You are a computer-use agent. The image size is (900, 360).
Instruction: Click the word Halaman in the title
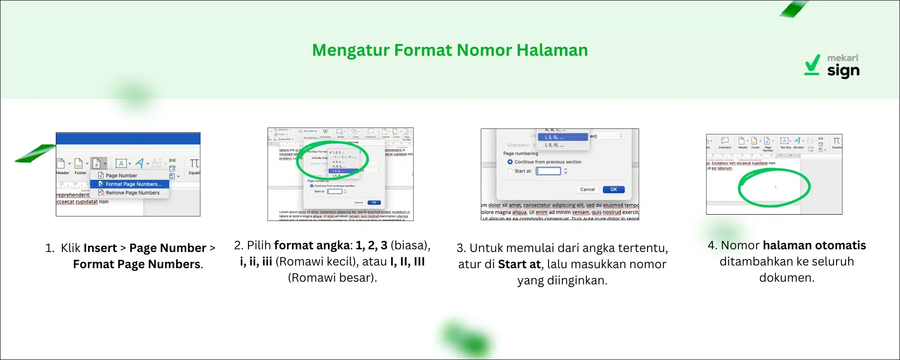(x=552, y=50)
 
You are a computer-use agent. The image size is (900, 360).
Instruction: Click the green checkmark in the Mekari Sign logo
(x=812, y=65)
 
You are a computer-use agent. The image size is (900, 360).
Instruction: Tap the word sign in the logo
(x=843, y=71)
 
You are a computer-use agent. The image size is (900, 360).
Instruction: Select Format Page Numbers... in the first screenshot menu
(x=133, y=184)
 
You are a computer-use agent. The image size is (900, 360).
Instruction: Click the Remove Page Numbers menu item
(x=132, y=193)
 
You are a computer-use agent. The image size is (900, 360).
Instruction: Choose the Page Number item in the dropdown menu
(x=121, y=175)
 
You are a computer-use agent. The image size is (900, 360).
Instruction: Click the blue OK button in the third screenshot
(x=613, y=189)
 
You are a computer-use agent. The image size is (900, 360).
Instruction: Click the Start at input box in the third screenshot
(x=548, y=171)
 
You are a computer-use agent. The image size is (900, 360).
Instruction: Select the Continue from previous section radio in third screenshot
(x=510, y=162)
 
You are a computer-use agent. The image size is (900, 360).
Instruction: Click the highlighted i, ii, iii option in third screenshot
(x=562, y=137)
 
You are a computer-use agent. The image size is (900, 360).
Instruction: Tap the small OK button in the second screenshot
(x=374, y=202)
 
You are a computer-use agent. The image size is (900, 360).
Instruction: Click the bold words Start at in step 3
(x=519, y=264)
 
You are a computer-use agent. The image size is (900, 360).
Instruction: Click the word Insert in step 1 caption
(x=100, y=248)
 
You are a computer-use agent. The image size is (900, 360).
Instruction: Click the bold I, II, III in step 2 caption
(x=407, y=261)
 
